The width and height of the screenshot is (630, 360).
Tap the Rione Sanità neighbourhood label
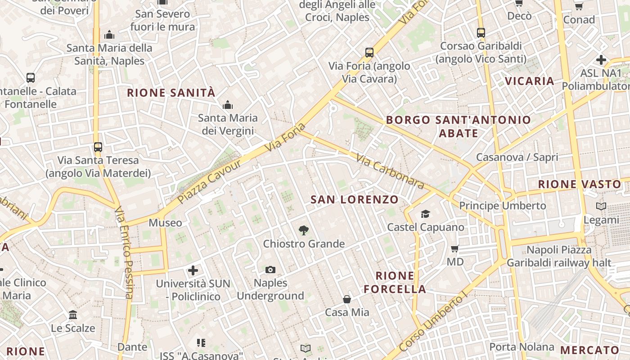point(171,93)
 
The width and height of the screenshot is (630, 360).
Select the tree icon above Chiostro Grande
point(304,230)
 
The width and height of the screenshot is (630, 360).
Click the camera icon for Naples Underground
point(270,270)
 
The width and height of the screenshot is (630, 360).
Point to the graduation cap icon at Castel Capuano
point(425,214)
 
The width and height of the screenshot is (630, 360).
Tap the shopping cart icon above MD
point(455,248)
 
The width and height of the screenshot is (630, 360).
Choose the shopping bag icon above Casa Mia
point(347,299)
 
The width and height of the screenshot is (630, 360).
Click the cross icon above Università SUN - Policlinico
point(193,270)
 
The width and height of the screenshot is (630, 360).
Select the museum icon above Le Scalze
point(73,315)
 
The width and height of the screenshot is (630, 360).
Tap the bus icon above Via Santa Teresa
point(98,147)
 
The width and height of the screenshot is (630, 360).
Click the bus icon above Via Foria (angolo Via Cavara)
point(369,53)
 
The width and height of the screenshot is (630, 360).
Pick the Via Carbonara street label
point(390,171)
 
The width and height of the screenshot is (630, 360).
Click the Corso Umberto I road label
point(434,323)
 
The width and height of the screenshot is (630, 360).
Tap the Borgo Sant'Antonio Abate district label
point(459,126)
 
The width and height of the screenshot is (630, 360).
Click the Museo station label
point(165,223)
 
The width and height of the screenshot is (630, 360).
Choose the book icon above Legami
point(601,207)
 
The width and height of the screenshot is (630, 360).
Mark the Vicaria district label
point(529,81)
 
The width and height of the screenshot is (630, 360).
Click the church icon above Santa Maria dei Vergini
point(228,105)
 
